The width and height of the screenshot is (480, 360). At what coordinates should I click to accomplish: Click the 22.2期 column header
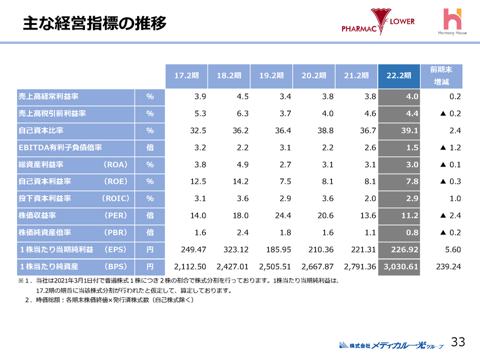tap(399, 76)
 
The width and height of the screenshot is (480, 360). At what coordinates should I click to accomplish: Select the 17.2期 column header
tap(186, 76)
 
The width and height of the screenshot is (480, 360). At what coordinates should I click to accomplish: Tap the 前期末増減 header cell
tap(441, 76)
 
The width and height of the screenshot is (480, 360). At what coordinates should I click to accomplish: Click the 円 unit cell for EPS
tap(149, 249)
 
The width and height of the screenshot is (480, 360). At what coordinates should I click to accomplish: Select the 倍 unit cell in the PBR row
tap(149, 232)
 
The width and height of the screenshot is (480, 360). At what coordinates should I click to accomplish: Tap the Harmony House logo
tap(453, 22)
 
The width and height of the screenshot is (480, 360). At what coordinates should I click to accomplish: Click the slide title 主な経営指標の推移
tap(94, 23)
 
